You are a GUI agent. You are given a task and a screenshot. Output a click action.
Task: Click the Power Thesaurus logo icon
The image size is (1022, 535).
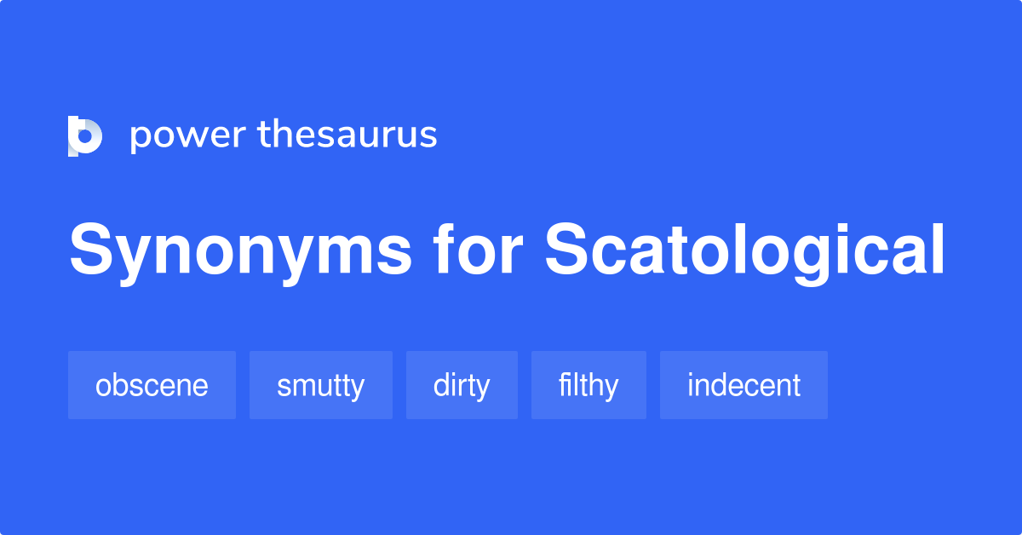pyautogui.click(x=85, y=136)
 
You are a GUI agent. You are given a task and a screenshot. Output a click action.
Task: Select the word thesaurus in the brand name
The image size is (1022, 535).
pyautogui.click(x=347, y=135)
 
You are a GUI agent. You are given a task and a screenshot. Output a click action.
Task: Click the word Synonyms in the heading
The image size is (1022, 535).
pyautogui.click(x=241, y=251)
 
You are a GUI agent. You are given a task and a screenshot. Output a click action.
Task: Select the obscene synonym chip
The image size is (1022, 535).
pyautogui.click(x=152, y=385)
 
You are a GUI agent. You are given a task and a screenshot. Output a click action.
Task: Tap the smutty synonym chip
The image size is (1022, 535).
pyautogui.click(x=320, y=385)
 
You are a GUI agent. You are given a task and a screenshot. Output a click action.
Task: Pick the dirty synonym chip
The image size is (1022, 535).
pyautogui.click(x=462, y=385)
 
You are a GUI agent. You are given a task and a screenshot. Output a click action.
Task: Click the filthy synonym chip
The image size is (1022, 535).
pyautogui.click(x=589, y=385)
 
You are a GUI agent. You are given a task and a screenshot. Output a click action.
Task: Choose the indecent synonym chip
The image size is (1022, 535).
pyautogui.click(x=744, y=385)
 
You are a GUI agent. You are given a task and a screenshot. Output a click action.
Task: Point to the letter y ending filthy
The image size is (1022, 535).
pyautogui.click(x=611, y=389)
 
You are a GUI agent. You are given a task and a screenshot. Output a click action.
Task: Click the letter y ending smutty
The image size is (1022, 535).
pyautogui.click(x=357, y=389)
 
